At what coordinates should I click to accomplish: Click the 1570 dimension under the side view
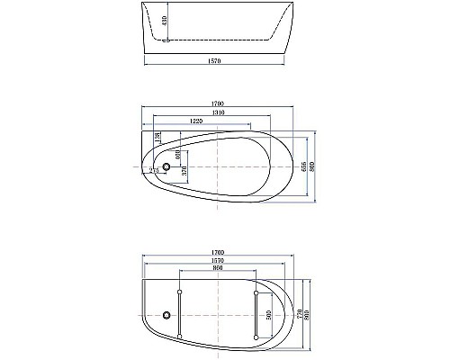(218, 61)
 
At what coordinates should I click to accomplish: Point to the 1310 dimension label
(214, 112)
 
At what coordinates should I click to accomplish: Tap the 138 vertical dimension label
(158, 137)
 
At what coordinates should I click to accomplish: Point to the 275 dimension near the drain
(154, 169)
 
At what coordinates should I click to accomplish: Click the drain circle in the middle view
(166, 166)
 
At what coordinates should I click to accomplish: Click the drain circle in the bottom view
(166, 314)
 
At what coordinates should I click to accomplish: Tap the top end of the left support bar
(181, 292)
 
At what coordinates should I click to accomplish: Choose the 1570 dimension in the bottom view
(214, 260)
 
